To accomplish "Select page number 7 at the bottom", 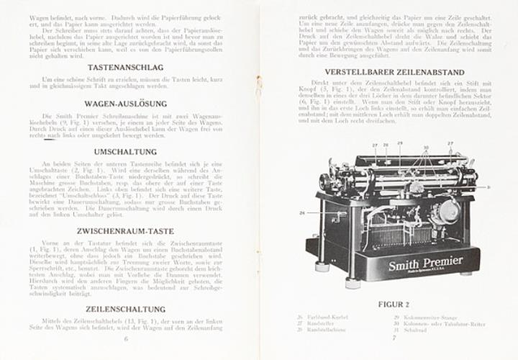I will (394, 337).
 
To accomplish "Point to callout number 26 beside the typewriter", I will (302, 214).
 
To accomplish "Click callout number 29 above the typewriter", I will (399, 144).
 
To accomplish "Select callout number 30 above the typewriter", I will (426, 146).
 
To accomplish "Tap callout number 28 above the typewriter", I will (386, 145).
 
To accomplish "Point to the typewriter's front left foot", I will (352, 283).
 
